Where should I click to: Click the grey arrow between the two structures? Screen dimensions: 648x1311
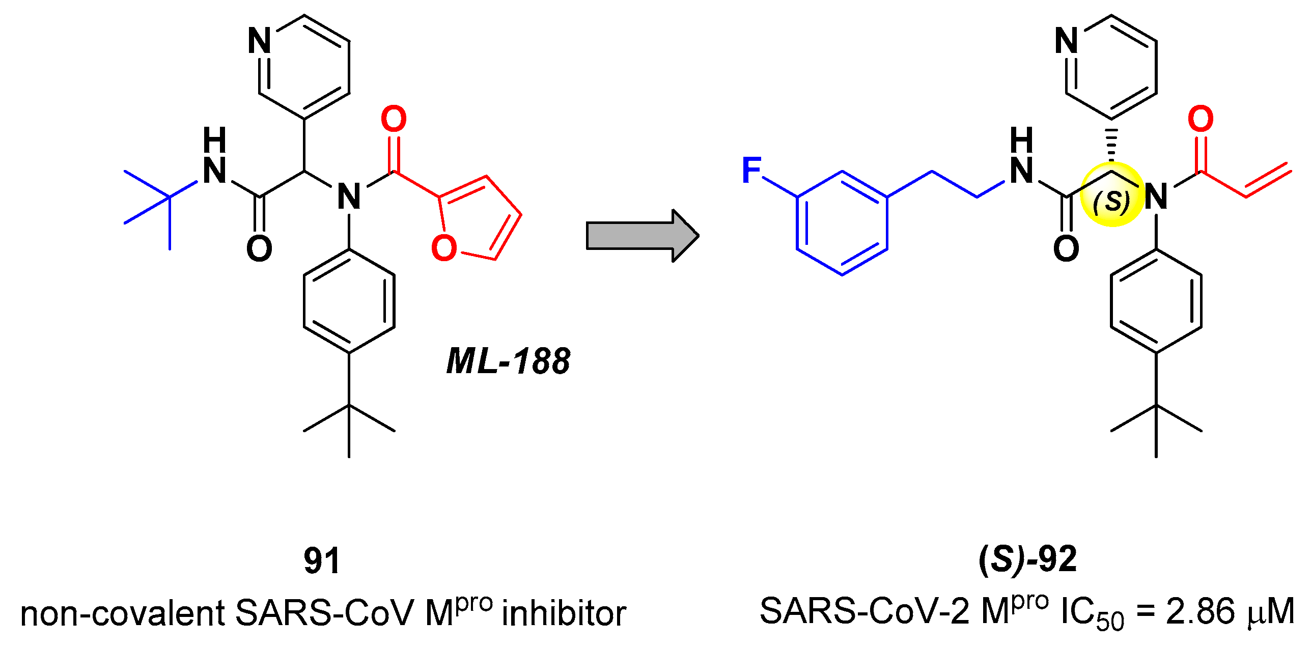point(641,236)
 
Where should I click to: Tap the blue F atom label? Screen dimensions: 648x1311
point(752,170)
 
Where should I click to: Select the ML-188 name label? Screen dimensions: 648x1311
point(508,361)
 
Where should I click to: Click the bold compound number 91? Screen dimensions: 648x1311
point(322,561)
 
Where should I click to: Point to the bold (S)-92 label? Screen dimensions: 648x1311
point(1028,560)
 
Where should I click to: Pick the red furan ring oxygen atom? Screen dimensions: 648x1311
point(444,248)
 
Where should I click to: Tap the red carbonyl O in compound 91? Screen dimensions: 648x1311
point(394,119)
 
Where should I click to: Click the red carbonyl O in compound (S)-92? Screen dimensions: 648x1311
point(1201,119)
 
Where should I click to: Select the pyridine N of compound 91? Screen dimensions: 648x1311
point(259,41)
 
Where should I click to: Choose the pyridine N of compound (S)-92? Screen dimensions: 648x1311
point(1067,41)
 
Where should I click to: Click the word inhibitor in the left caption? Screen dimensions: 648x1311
point(564,613)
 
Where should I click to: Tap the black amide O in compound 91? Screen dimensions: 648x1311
point(259,249)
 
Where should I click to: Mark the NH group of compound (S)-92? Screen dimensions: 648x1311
point(1022,158)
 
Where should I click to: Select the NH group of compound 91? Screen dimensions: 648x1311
point(214,158)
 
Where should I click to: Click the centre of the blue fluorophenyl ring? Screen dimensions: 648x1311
point(842,223)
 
